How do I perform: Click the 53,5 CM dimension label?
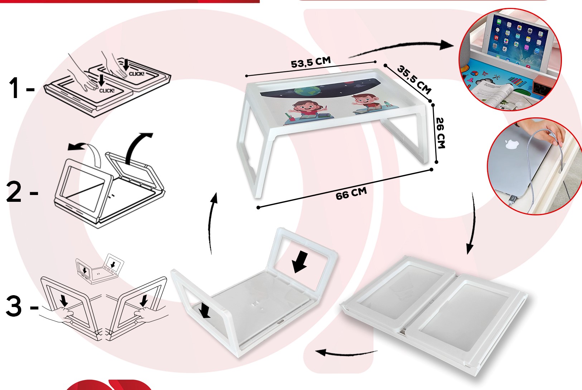click(x=310, y=62)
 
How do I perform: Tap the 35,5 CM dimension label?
click(x=414, y=80)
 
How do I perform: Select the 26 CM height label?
click(x=441, y=133)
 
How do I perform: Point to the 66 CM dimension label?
click(x=351, y=194)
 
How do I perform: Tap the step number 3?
click(x=14, y=306)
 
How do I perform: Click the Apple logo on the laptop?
click(x=511, y=144)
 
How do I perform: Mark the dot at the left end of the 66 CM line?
click(x=258, y=208)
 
